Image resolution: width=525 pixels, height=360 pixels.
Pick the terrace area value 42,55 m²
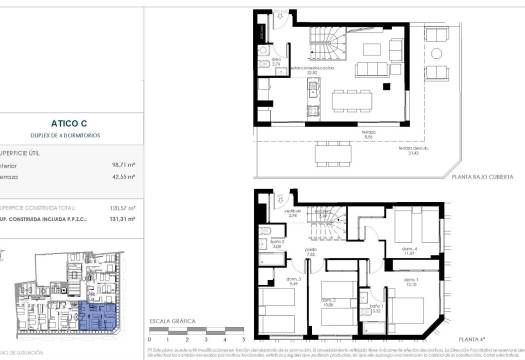pyautogui.click(x=123, y=178)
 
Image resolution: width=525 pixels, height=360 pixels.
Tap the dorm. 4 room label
pyautogui.click(x=408, y=252)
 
